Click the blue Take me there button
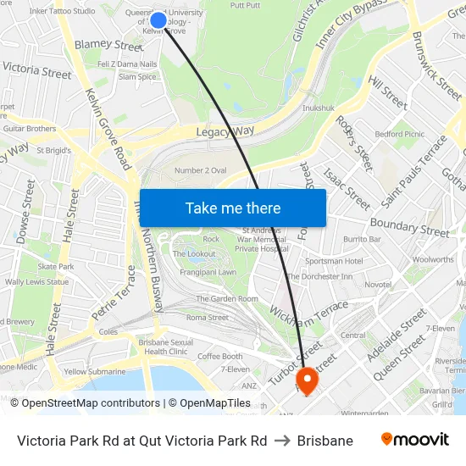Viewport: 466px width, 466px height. pyautogui.click(x=233, y=208)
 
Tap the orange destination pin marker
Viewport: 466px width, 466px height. pyautogui.click(x=307, y=380)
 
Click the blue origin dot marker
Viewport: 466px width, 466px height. pyautogui.click(x=158, y=19)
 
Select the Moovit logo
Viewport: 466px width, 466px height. pyautogui.click(x=415, y=440)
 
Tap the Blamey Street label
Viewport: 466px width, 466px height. pyautogui.click(x=109, y=45)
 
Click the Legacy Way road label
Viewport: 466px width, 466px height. pyautogui.click(x=225, y=131)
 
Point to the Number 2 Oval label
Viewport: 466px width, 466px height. pyautogui.click(x=200, y=170)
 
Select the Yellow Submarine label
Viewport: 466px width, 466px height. pyautogui.click(x=95, y=371)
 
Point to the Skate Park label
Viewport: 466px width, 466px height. pyautogui.click(x=56, y=266)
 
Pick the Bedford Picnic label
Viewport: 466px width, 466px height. pyautogui.click(x=400, y=134)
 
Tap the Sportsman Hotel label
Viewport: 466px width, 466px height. pyautogui.click(x=334, y=261)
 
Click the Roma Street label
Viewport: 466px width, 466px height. pyautogui.click(x=207, y=318)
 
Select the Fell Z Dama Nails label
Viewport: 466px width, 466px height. pyautogui.click(x=128, y=64)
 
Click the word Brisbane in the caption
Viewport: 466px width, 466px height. pyautogui.click(x=325, y=441)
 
